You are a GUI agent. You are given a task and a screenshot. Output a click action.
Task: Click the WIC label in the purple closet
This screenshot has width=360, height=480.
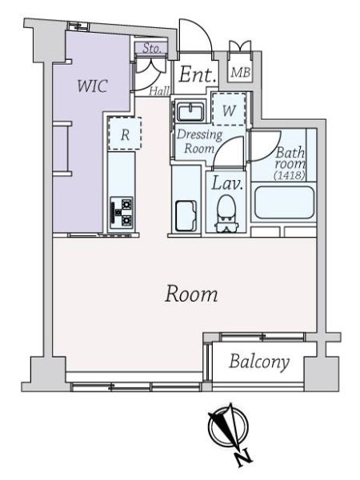pyautogui.click(x=92, y=86)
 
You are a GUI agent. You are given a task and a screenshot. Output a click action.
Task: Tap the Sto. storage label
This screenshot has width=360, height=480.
pyautogui.click(x=152, y=48)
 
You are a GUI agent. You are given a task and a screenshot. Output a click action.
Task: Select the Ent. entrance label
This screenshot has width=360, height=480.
pyautogui.click(x=197, y=74)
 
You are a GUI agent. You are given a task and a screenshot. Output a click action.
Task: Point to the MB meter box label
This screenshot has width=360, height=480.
pyautogui.click(x=241, y=73)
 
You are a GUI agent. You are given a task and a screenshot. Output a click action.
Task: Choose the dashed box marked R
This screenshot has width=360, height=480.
pyautogui.click(x=125, y=134)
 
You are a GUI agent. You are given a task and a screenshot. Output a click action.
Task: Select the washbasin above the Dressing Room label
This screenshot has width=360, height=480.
pyautogui.click(x=191, y=112)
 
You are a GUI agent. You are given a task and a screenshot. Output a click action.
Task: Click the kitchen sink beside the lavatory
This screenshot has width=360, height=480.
pyautogui.click(x=186, y=215)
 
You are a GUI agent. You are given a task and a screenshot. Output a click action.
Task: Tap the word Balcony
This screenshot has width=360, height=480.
pyautogui.click(x=259, y=362)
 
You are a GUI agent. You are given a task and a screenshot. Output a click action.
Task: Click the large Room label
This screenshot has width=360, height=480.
pyautogui.click(x=191, y=294)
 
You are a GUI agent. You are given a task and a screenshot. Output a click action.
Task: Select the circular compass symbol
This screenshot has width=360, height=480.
pyautogui.click(x=228, y=426)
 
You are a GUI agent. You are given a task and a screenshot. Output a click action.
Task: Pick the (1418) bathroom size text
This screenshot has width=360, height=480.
pyautogui.click(x=290, y=175)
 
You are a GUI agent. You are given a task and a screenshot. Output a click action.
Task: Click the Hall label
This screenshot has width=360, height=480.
pyautogui.click(x=159, y=90)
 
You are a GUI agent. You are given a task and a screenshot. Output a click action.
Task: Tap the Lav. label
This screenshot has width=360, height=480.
pyautogui.click(x=227, y=183)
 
